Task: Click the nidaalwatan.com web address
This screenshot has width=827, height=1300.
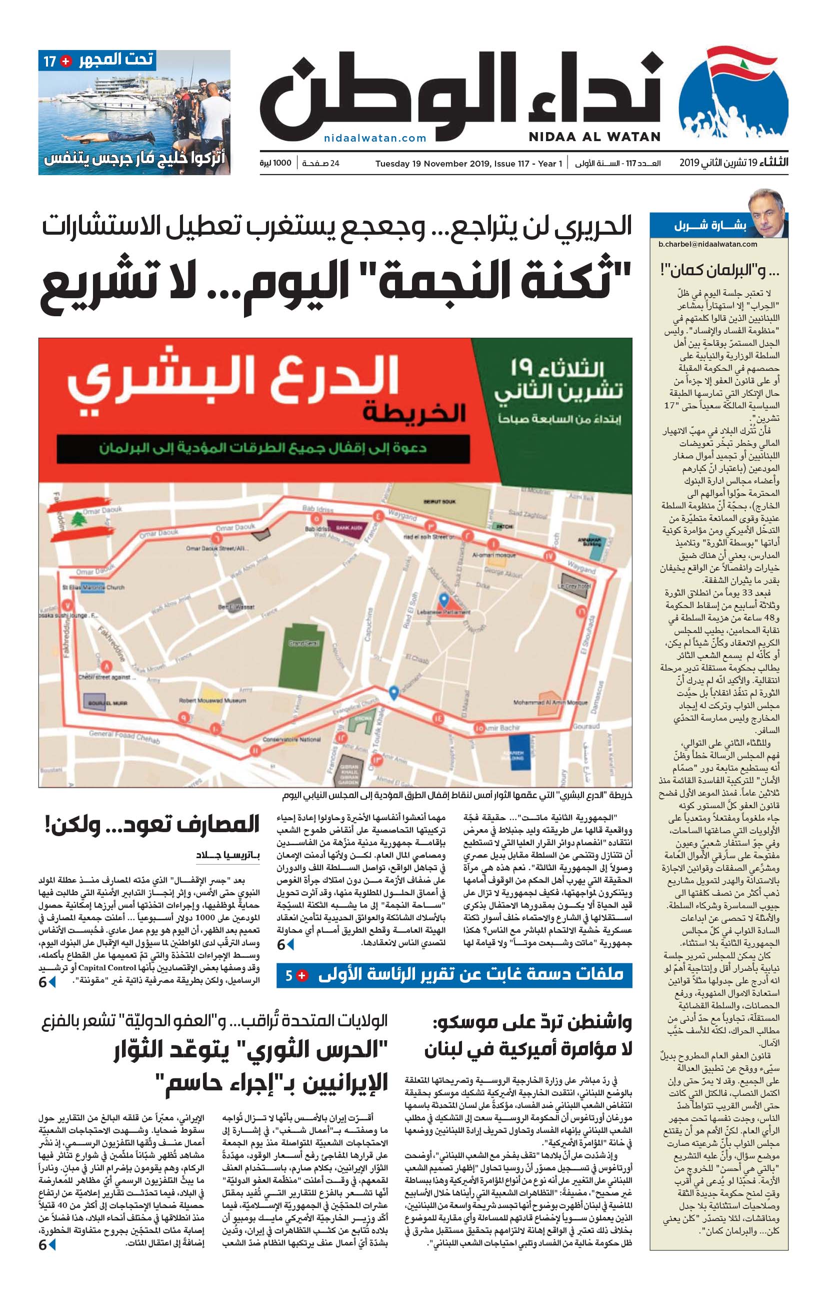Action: coord(375,138)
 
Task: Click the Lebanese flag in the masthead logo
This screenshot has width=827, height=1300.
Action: coord(742,66)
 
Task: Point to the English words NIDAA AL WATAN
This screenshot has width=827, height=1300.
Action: coord(594,137)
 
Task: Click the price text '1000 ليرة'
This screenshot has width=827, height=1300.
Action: coord(275,163)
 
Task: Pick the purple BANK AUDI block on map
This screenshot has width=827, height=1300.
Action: coord(348,527)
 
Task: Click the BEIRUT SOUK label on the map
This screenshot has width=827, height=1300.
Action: coord(439,501)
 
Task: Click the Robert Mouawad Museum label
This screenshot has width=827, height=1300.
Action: coord(212,700)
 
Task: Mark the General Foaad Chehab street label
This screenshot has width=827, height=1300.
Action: coord(124,737)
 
